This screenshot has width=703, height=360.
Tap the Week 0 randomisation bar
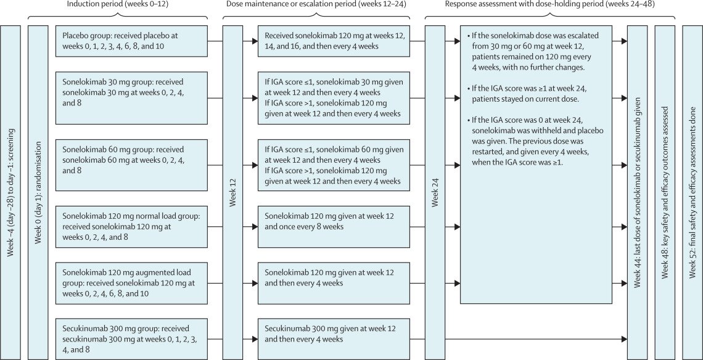point(38,192)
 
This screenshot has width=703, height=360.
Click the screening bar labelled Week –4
point(10,192)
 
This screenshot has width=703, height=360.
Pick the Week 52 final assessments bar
point(693,192)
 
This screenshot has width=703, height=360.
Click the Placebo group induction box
point(132,41)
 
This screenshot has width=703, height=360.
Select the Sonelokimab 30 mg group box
point(132,98)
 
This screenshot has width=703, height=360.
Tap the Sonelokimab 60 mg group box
point(132,165)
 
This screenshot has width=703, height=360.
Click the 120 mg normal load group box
point(132,227)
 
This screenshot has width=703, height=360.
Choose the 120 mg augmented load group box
point(132,283)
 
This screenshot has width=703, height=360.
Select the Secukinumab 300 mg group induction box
point(132,339)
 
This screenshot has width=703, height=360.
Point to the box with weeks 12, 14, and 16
point(334,41)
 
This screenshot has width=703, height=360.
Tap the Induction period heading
point(118,4)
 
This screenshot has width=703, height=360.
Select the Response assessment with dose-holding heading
point(551,4)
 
